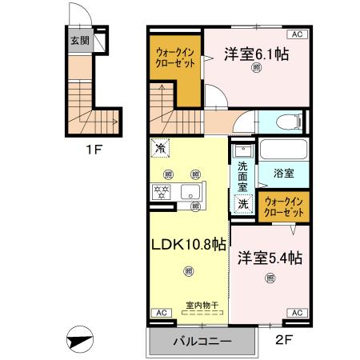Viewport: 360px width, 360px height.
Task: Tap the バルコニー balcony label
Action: coord(202,342)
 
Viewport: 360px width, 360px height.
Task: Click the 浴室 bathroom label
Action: coord(284,172)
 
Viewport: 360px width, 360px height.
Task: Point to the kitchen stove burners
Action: coord(162,191)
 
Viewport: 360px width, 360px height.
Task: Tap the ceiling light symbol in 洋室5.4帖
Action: coord(270,278)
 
